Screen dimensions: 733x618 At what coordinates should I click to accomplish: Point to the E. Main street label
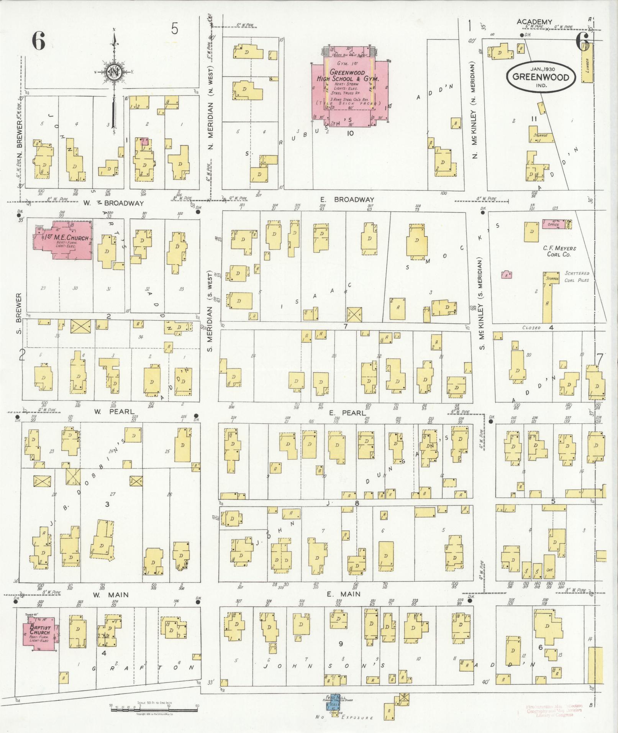point(343,605)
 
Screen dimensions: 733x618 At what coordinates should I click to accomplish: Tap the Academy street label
point(534,22)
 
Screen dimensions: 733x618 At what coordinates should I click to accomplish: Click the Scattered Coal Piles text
point(577,277)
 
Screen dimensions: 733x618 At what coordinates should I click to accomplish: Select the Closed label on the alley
point(531,328)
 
